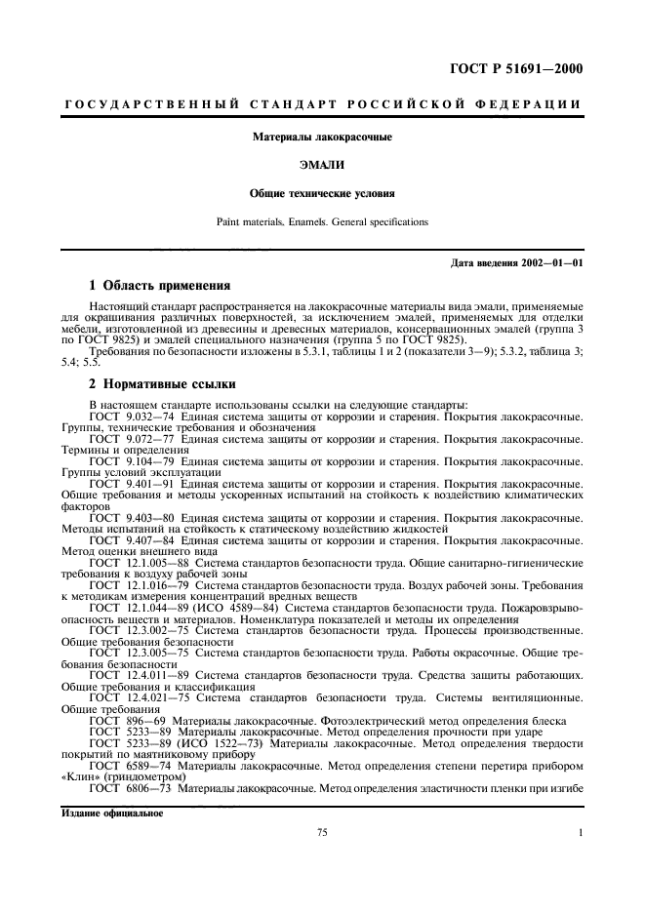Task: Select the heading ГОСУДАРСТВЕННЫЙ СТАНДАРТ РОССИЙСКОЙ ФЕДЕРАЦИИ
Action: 322,103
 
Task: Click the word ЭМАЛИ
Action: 322,166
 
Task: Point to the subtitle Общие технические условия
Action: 322,193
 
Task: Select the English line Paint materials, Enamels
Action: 322,221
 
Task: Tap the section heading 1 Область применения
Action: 160,286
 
